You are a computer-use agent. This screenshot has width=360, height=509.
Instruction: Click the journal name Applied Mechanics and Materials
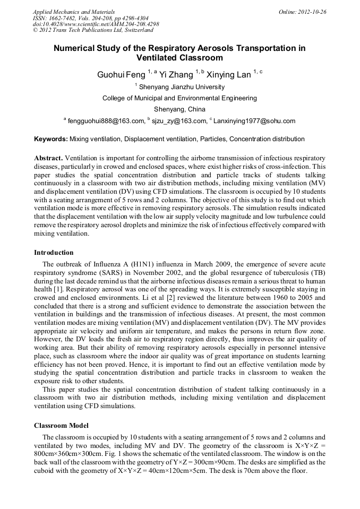74,12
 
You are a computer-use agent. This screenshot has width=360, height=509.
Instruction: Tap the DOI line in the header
96,24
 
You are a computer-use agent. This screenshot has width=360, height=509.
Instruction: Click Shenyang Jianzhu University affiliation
182,87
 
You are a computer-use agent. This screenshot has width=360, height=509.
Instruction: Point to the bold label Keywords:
51,139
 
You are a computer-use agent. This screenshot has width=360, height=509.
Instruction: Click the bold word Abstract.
48,158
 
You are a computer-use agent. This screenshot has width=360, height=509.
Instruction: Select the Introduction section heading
54,252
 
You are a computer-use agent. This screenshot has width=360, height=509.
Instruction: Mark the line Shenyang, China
179,109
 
